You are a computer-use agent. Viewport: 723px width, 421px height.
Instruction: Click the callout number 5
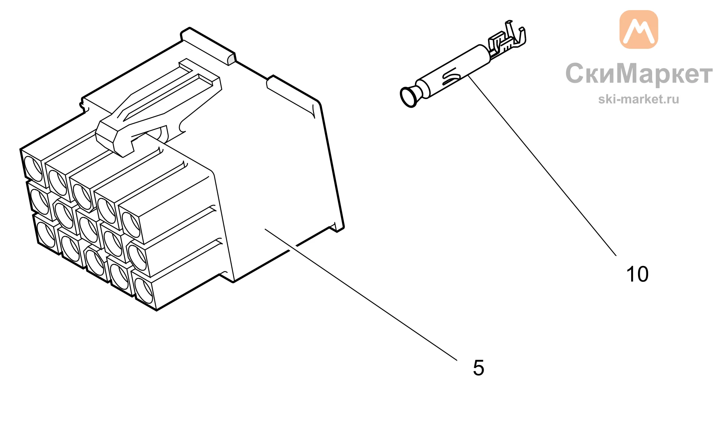[x=478, y=368]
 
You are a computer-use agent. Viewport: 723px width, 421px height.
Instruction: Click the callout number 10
[x=637, y=274]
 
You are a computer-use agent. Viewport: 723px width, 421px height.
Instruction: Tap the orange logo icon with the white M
[x=639, y=29]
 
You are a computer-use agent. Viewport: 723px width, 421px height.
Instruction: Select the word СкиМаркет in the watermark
[x=639, y=73]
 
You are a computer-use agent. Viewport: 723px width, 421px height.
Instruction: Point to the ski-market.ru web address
[x=638, y=99]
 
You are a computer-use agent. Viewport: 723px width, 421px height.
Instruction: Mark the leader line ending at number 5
[x=361, y=295]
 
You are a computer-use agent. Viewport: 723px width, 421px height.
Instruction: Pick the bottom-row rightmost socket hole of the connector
[x=144, y=291]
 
